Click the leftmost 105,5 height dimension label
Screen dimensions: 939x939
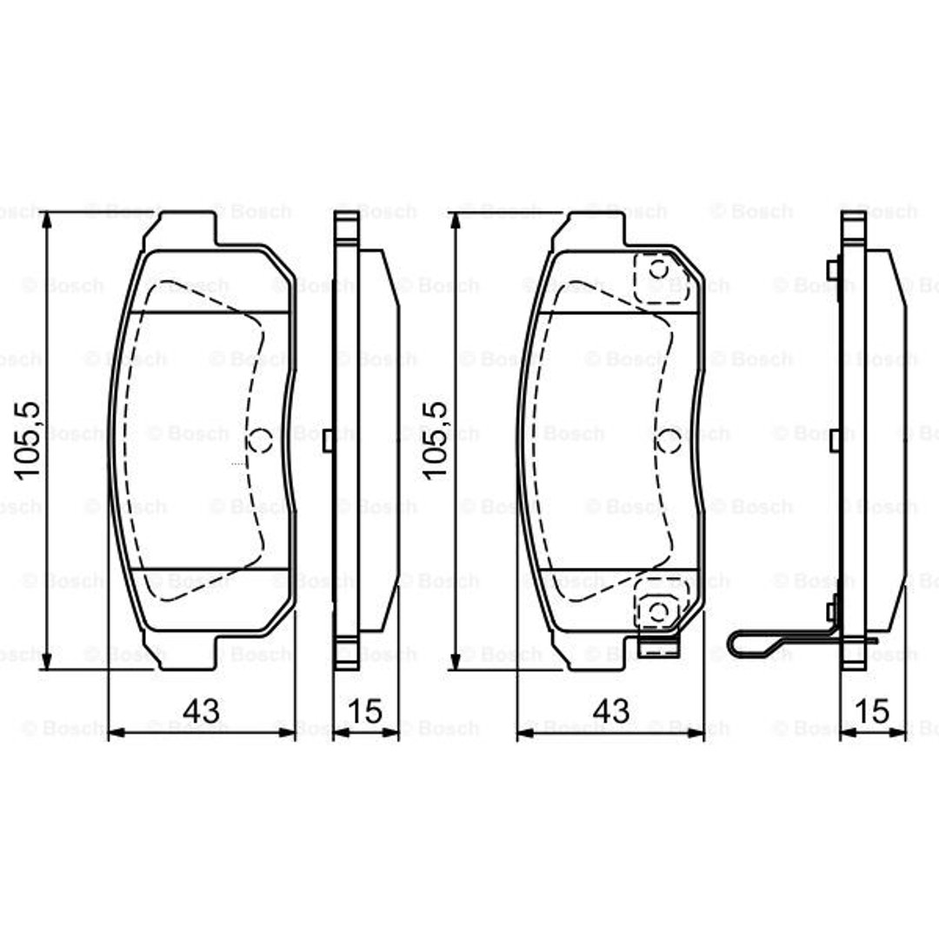(x=28, y=440)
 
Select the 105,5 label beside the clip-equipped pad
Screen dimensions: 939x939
(x=436, y=440)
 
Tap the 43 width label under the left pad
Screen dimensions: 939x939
(x=201, y=711)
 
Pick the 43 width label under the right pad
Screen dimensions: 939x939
(x=611, y=711)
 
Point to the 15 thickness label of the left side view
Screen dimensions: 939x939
(x=364, y=711)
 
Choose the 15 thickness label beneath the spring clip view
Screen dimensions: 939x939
(x=873, y=711)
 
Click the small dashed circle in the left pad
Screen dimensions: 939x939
(x=261, y=440)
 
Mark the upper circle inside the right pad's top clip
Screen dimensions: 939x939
(x=659, y=270)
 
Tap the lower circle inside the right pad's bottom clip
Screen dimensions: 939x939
(x=658, y=611)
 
